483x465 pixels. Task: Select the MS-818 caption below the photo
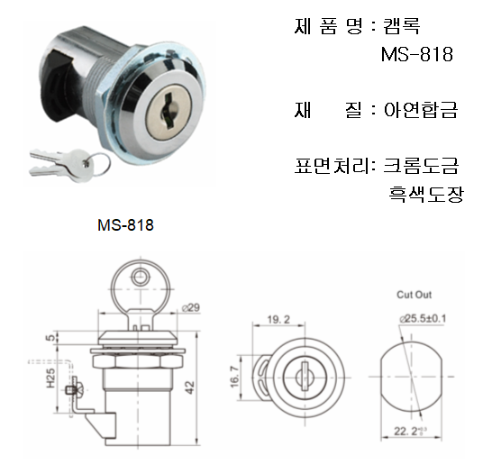click(125, 225)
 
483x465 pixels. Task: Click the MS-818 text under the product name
click(417, 54)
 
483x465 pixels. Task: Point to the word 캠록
click(401, 26)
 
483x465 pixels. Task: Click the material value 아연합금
click(421, 110)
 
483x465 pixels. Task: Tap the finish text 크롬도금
click(421, 166)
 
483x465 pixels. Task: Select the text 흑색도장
click(426, 194)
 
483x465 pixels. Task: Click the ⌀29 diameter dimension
click(191, 307)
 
